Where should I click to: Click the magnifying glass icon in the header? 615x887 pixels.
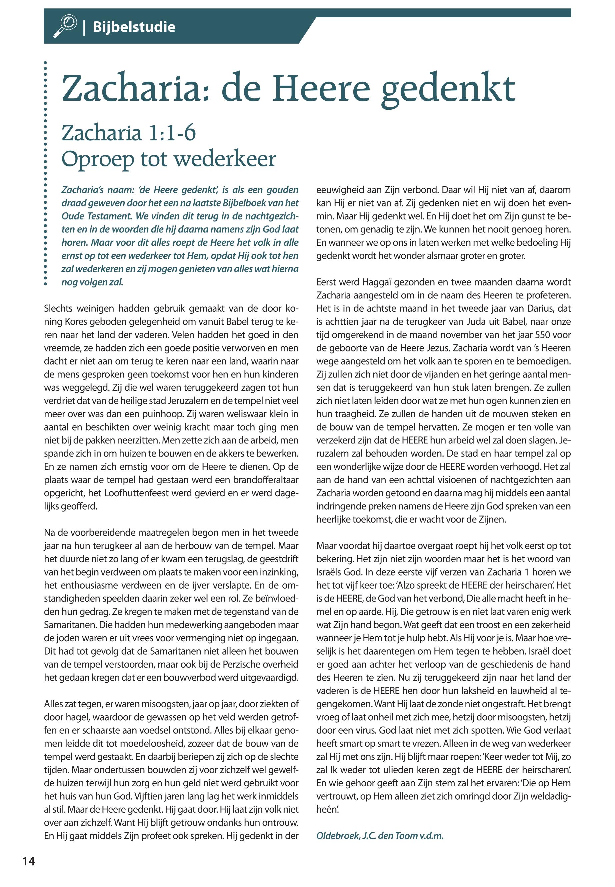(65, 26)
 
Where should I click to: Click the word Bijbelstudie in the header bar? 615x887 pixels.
(134, 27)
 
